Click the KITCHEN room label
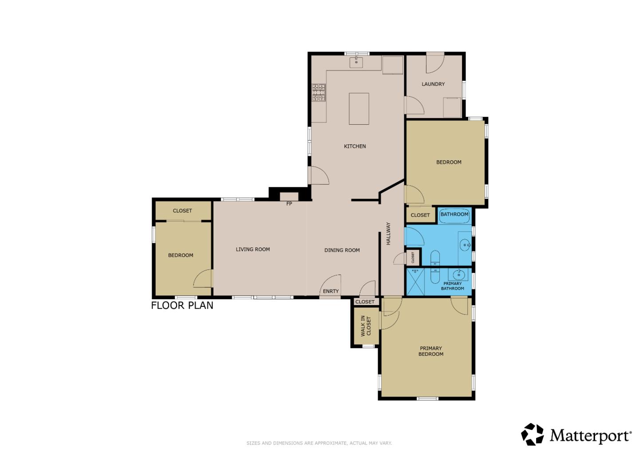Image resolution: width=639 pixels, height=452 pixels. pyautogui.click(x=355, y=146)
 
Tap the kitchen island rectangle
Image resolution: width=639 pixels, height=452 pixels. pyautogui.click(x=359, y=109)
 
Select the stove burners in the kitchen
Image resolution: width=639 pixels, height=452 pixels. pyautogui.click(x=318, y=92)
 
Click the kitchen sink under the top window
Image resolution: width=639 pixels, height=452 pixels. pyautogui.click(x=356, y=62)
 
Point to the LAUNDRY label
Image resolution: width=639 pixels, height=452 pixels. pyautogui.click(x=433, y=84)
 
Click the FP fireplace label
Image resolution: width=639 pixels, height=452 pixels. pyautogui.click(x=289, y=204)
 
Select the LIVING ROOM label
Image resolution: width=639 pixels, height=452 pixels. pyautogui.click(x=252, y=250)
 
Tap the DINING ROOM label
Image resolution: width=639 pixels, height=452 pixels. pyautogui.click(x=342, y=250)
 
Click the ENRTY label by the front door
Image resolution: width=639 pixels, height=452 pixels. pyautogui.click(x=331, y=291)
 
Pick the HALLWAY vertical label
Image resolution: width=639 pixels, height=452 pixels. pyautogui.click(x=388, y=234)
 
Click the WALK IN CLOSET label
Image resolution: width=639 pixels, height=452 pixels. pyautogui.click(x=365, y=325)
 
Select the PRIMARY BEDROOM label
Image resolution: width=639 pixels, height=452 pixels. pyautogui.click(x=430, y=351)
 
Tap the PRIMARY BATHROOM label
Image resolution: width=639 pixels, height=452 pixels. pyautogui.click(x=453, y=286)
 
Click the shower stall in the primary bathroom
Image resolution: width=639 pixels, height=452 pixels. pyautogui.click(x=416, y=282)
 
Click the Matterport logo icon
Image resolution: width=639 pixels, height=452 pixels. pyautogui.click(x=532, y=434)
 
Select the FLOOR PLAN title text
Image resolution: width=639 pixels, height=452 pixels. pyautogui.click(x=182, y=305)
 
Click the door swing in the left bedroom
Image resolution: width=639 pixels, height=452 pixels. pyautogui.click(x=204, y=279)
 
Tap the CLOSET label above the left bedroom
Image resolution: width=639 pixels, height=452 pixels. pyautogui.click(x=182, y=211)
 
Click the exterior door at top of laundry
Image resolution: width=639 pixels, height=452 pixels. pyautogui.click(x=434, y=62)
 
